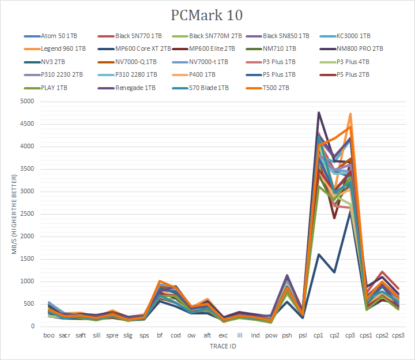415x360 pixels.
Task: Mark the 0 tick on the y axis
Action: click(33, 327)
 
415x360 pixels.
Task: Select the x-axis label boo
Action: click(50, 335)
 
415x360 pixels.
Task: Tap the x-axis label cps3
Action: click(397, 335)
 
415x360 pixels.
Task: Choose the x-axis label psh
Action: click(286, 335)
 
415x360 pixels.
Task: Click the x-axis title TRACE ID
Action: click(222, 347)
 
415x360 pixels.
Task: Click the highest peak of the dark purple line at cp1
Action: click(318, 112)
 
